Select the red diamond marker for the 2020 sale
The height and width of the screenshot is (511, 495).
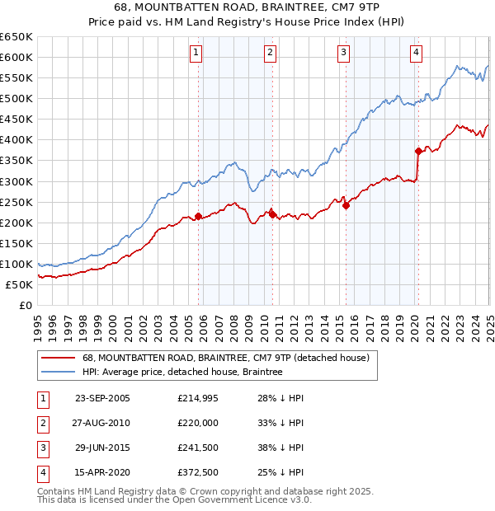418,151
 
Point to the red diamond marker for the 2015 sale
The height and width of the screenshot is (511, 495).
346,206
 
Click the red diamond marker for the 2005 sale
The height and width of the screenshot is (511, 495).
198,216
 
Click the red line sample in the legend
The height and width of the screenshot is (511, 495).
57,359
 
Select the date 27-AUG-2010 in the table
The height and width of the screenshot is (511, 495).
102,423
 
